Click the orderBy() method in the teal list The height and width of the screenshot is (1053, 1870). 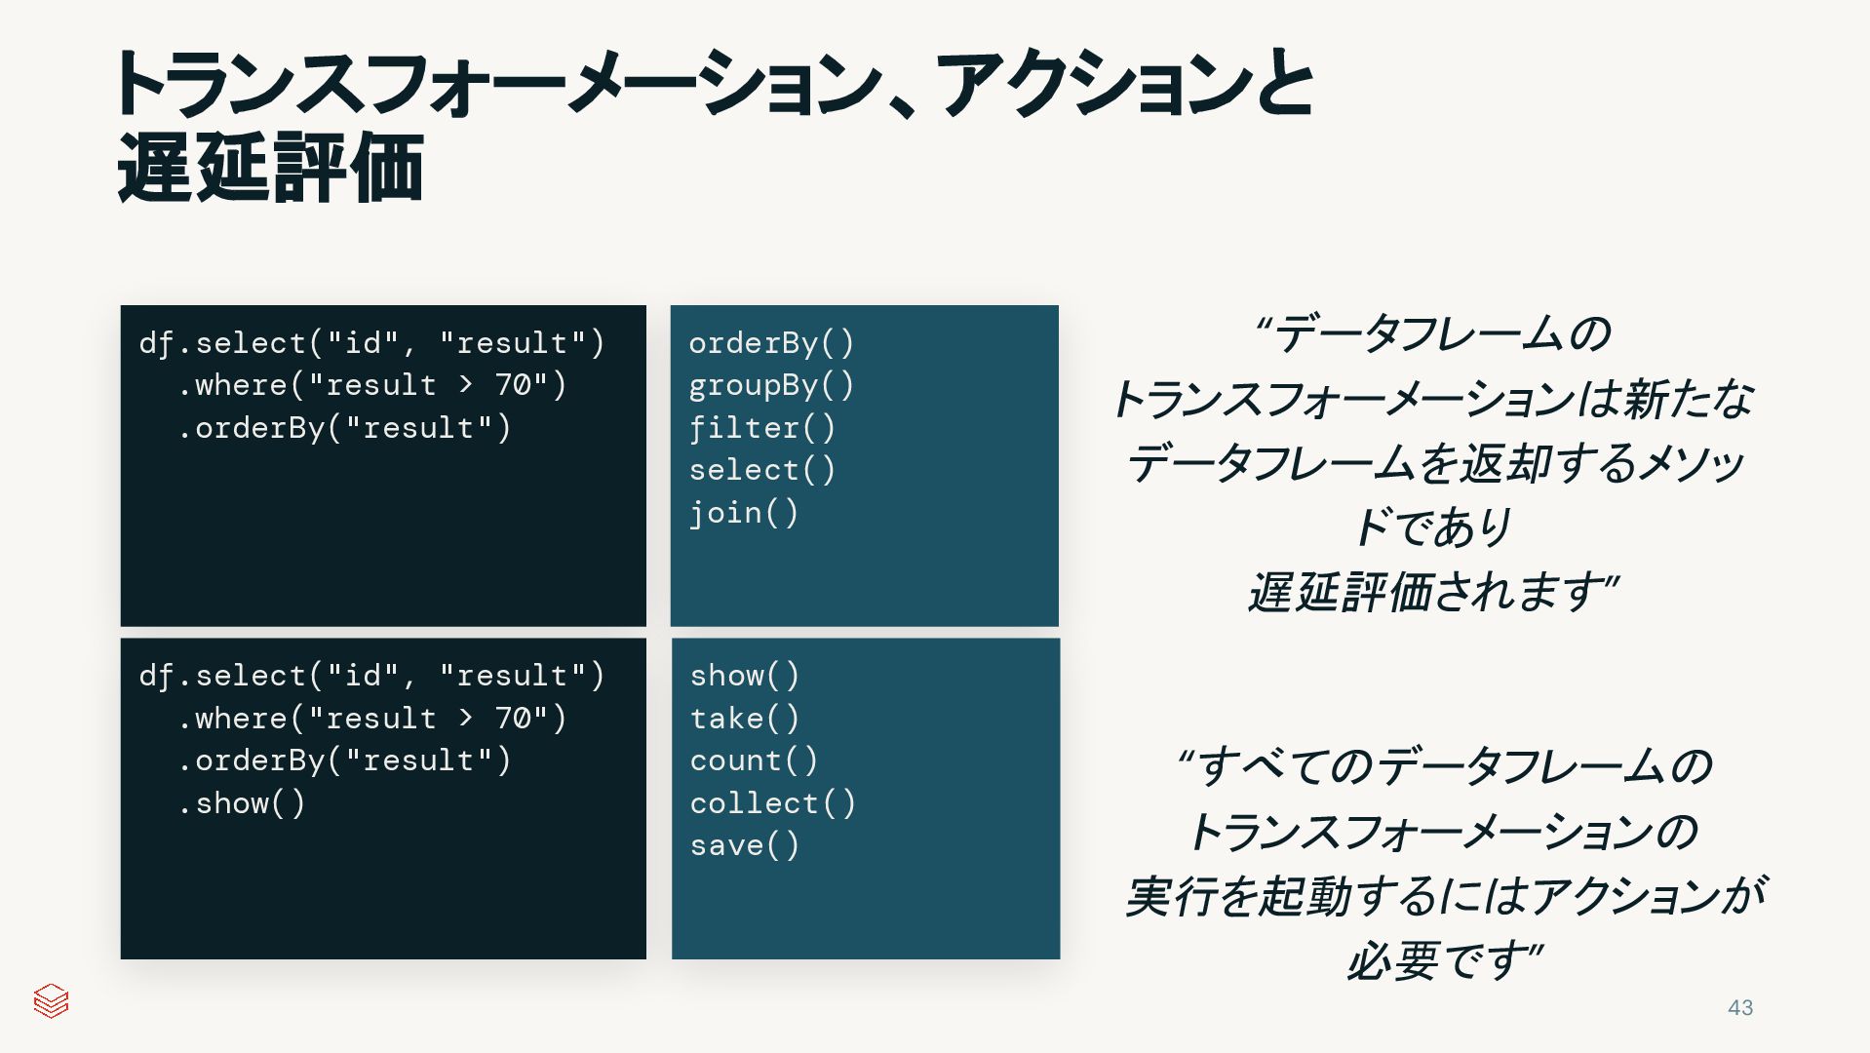(770, 343)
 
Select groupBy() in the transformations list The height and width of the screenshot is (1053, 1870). (770, 386)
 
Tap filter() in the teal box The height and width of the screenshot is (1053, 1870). (761, 428)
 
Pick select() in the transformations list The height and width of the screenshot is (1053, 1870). (761, 470)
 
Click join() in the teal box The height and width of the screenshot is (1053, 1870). (743, 513)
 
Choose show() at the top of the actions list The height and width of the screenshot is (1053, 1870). (744, 676)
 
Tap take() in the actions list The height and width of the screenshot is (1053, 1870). (744, 719)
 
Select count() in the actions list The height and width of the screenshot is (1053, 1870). (754, 760)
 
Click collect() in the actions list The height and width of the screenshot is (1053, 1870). (772, 803)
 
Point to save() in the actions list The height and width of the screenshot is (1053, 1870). (744, 845)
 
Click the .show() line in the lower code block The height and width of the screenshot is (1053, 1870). (242, 803)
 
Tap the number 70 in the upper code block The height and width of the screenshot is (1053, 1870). (513, 385)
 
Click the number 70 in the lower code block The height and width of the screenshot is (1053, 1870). (513, 719)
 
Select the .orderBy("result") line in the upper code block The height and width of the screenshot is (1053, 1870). (344, 428)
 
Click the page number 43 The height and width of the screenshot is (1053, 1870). (1740, 1008)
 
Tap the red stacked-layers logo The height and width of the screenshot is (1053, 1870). (51, 1000)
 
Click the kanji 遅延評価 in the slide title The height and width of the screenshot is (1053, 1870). (270, 168)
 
